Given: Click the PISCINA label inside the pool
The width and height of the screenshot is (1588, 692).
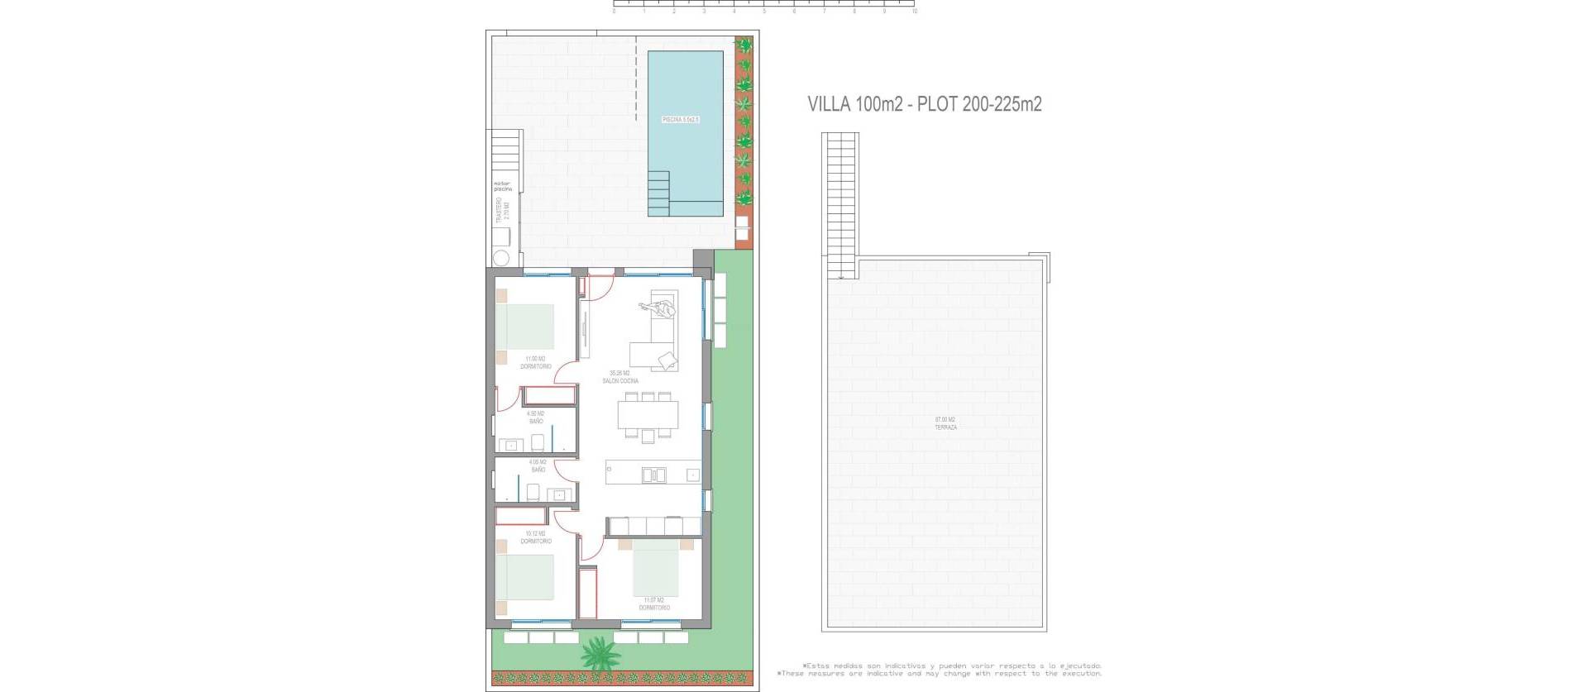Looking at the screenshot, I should pyautogui.click(x=681, y=120).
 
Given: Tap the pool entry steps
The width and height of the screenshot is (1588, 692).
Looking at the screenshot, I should pyautogui.click(x=658, y=193).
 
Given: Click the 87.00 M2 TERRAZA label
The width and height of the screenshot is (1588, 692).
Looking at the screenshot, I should pyautogui.click(x=945, y=423).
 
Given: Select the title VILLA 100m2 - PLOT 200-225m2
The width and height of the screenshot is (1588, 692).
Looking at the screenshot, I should pyautogui.click(x=924, y=104).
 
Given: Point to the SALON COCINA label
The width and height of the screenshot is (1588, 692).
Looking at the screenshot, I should pyautogui.click(x=619, y=378).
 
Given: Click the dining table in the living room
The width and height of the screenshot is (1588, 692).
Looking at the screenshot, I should pyautogui.click(x=647, y=414).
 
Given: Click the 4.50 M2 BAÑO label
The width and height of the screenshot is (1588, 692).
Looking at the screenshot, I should pyautogui.click(x=536, y=418).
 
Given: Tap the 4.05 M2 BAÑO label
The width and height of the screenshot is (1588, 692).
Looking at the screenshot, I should pyautogui.click(x=538, y=466).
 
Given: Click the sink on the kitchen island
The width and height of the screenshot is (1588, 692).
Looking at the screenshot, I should pyautogui.click(x=653, y=475).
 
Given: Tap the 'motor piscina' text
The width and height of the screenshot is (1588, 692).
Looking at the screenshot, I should pyautogui.click(x=502, y=186).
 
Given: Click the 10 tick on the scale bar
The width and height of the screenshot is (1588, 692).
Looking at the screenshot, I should pyautogui.click(x=914, y=12).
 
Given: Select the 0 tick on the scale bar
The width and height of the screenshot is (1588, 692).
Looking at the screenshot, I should pyautogui.click(x=614, y=12).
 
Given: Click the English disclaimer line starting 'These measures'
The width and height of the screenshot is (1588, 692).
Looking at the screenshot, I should pyautogui.click(x=940, y=674).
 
